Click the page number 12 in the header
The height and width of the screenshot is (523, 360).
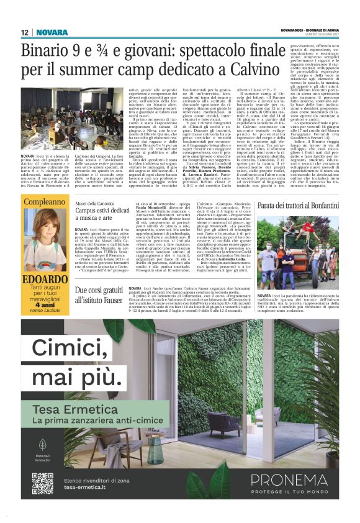point(25,32)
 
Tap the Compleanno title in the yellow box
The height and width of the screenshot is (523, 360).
point(45,202)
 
